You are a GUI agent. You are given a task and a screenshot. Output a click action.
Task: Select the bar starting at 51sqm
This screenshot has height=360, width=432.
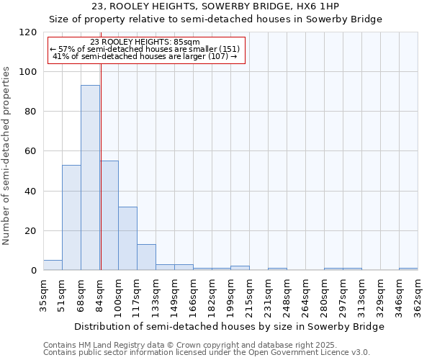coord(71,217)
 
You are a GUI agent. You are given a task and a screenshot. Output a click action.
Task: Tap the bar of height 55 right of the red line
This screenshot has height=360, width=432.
coord(109,215)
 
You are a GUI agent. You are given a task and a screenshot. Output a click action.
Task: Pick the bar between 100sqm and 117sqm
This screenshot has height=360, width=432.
coord(127,238)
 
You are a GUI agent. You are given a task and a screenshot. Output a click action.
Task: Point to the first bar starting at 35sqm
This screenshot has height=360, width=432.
coord(53,265)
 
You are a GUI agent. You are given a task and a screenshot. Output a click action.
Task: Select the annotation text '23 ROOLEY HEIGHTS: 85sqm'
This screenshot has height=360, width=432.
coord(146,42)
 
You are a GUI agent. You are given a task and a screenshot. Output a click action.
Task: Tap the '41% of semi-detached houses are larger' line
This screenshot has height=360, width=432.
coord(146,56)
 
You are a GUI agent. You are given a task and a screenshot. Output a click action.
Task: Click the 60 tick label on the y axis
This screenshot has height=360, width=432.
coord(31,151)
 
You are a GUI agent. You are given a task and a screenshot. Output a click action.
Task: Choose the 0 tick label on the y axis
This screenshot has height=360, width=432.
coord(34,271)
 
